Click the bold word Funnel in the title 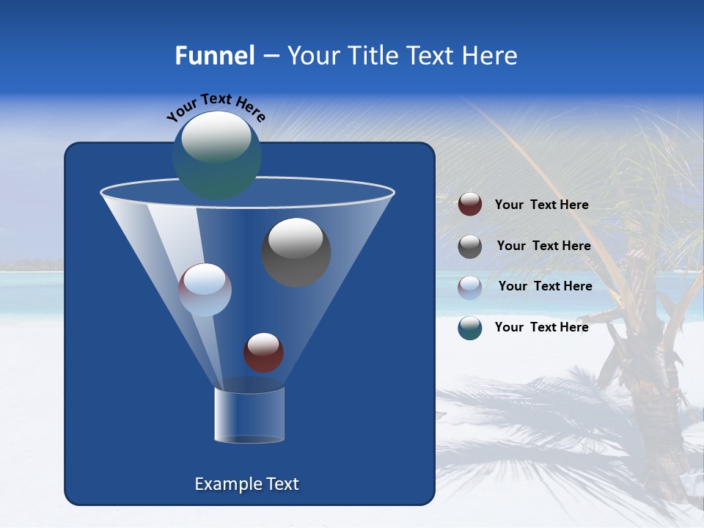(x=214, y=56)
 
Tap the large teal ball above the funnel (x=216, y=155)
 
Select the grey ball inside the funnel (x=296, y=252)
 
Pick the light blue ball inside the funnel (x=205, y=290)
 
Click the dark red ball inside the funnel (x=263, y=352)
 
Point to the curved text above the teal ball (x=216, y=107)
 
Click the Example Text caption (x=246, y=484)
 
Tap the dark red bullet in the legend (x=470, y=205)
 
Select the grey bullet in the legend (x=470, y=246)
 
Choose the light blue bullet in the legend (x=470, y=287)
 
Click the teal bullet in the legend (x=470, y=328)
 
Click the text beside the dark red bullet (x=541, y=205)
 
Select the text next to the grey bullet (x=543, y=246)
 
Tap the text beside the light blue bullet (x=545, y=287)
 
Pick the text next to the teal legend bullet (x=541, y=327)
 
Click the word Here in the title (x=489, y=56)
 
